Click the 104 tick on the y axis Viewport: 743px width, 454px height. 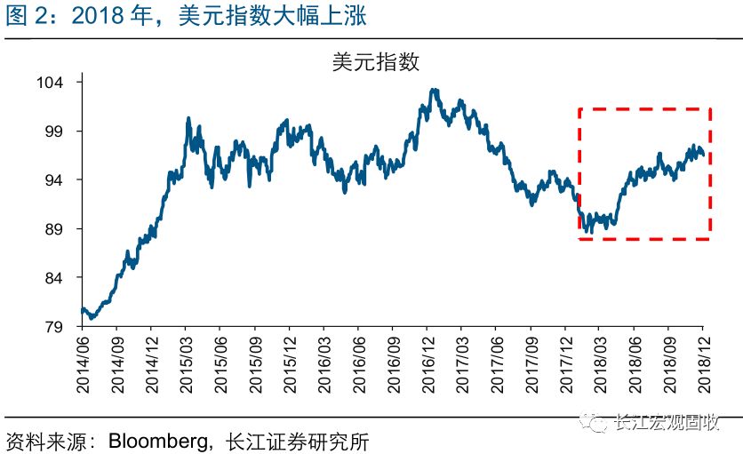pyautogui.click(x=53, y=83)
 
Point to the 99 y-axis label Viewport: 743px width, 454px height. pyautogui.click(x=57, y=131)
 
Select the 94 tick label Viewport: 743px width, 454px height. pyautogui.click(x=57, y=180)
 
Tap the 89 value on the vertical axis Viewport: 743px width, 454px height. pyautogui.click(x=57, y=229)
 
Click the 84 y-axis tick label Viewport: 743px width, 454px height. pyautogui.click(x=57, y=278)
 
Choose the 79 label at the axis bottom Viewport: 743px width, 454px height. pyautogui.click(x=57, y=327)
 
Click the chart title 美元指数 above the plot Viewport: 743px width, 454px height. pyautogui.click(x=374, y=61)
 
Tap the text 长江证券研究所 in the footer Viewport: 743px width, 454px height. pyautogui.click(x=298, y=441)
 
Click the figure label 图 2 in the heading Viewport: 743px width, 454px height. pyautogui.click(x=27, y=16)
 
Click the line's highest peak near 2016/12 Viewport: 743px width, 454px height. pyautogui.click(x=433, y=89)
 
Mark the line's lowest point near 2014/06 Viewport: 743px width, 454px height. pyautogui.click(x=91, y=317)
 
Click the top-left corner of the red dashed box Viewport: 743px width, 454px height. pyautogui.click(x=579, y=109)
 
